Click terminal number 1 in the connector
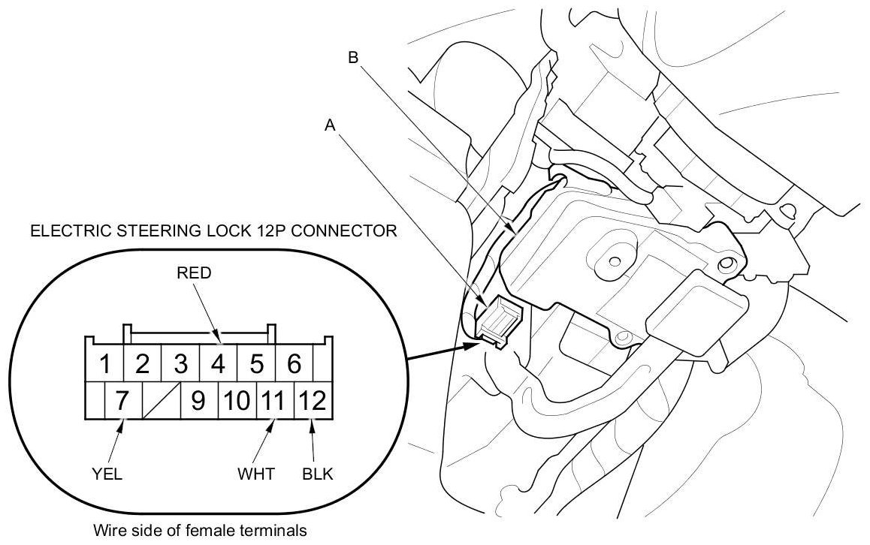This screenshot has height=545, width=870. pyautogui.click(x=105, y=365)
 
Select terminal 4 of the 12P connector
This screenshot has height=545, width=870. pyautogui.click(x=218, y=365)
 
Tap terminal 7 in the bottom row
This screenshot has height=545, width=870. pyautogui.click(x=122, y=401)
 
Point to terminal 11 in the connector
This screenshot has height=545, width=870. pyautogui.click(x=275, y=401)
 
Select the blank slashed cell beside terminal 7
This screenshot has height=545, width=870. pyautogui.click(x=160, y=401)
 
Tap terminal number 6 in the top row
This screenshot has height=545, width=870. pyautogui.click(x=294, y=365)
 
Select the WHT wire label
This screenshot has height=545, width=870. pyautogui.click(x=255, y=474)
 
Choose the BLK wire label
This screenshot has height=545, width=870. pyautogui.click(x=318, y=474)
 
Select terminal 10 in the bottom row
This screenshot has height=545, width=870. pyautogui.click(x=237, y=401)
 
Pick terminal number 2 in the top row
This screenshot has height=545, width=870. pyautogui.click(x=142, y=365)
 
